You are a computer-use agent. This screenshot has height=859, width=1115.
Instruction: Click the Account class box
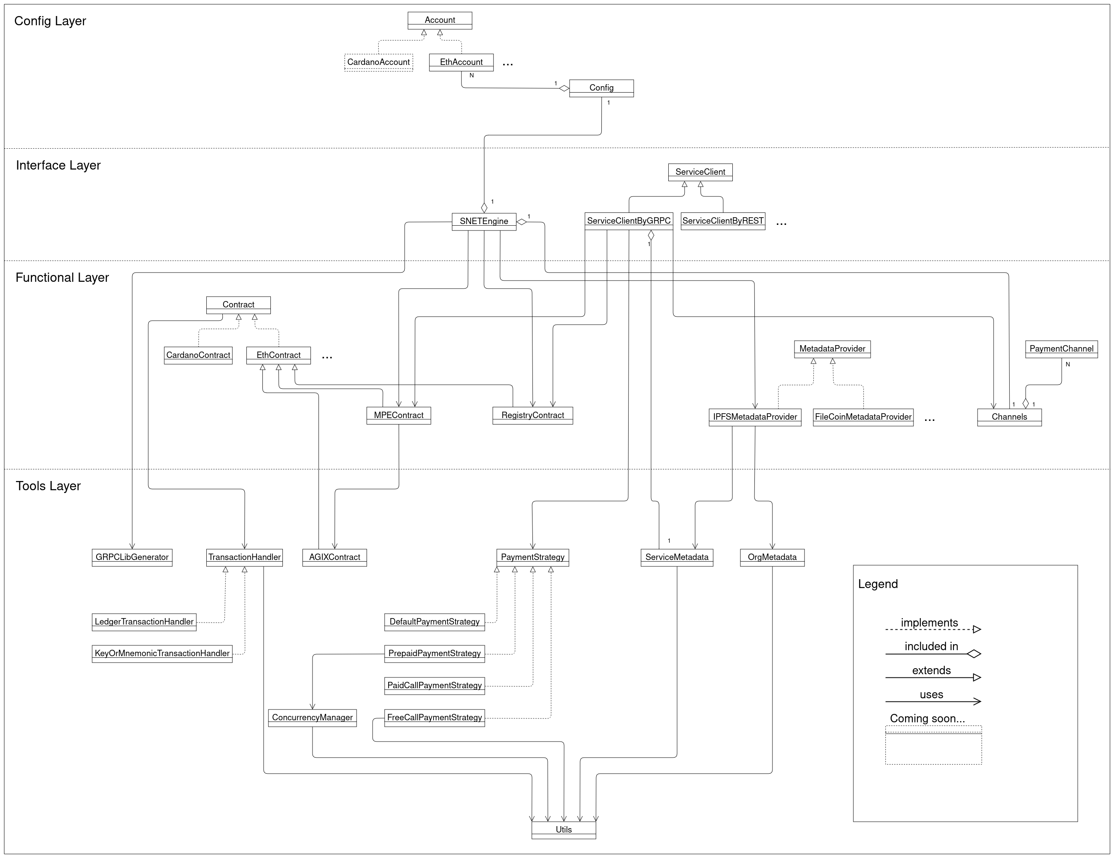click(x=440, y=20)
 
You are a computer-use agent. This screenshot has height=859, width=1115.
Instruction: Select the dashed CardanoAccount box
click(x=378, y=62)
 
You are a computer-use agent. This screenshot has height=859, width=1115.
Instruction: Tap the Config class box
click(x=601, y=88)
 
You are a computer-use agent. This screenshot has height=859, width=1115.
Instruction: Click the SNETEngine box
click(x=484, y=221)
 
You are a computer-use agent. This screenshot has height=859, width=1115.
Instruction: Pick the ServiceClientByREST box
click(x=722, y=221)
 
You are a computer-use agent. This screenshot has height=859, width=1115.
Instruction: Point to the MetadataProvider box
click(x=832, y=349)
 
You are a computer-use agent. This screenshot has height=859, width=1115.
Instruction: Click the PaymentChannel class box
click(x=1061, y=349)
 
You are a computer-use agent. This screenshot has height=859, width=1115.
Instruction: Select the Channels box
click(x=1009, y=417)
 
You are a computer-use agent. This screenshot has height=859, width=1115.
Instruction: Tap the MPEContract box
click(x=398, y=415)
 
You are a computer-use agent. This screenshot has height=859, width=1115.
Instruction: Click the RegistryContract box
click(x=532, y=415)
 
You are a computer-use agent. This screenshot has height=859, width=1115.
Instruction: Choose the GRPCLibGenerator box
click(x=132, y=557)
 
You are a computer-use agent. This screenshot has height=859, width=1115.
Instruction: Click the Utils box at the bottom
click(x=563, y=829)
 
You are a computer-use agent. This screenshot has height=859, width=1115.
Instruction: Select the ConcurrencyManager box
click(x=312, y=717)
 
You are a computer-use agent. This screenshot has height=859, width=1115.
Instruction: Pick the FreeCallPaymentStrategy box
click(x=434, y=717)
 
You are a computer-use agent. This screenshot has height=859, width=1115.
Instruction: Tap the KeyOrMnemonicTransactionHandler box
click(x=162, y=653)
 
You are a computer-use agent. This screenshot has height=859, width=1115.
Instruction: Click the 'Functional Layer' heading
click(x=62, y=277)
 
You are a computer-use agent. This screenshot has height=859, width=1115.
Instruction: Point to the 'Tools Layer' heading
click(x=48, y=486)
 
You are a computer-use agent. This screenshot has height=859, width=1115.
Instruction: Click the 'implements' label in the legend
click(x=929, y=623)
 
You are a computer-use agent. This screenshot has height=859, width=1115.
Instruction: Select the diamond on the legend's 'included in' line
click(x=974, y=654)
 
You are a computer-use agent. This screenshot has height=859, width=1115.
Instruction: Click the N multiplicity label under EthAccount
click(x=471, y=76)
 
